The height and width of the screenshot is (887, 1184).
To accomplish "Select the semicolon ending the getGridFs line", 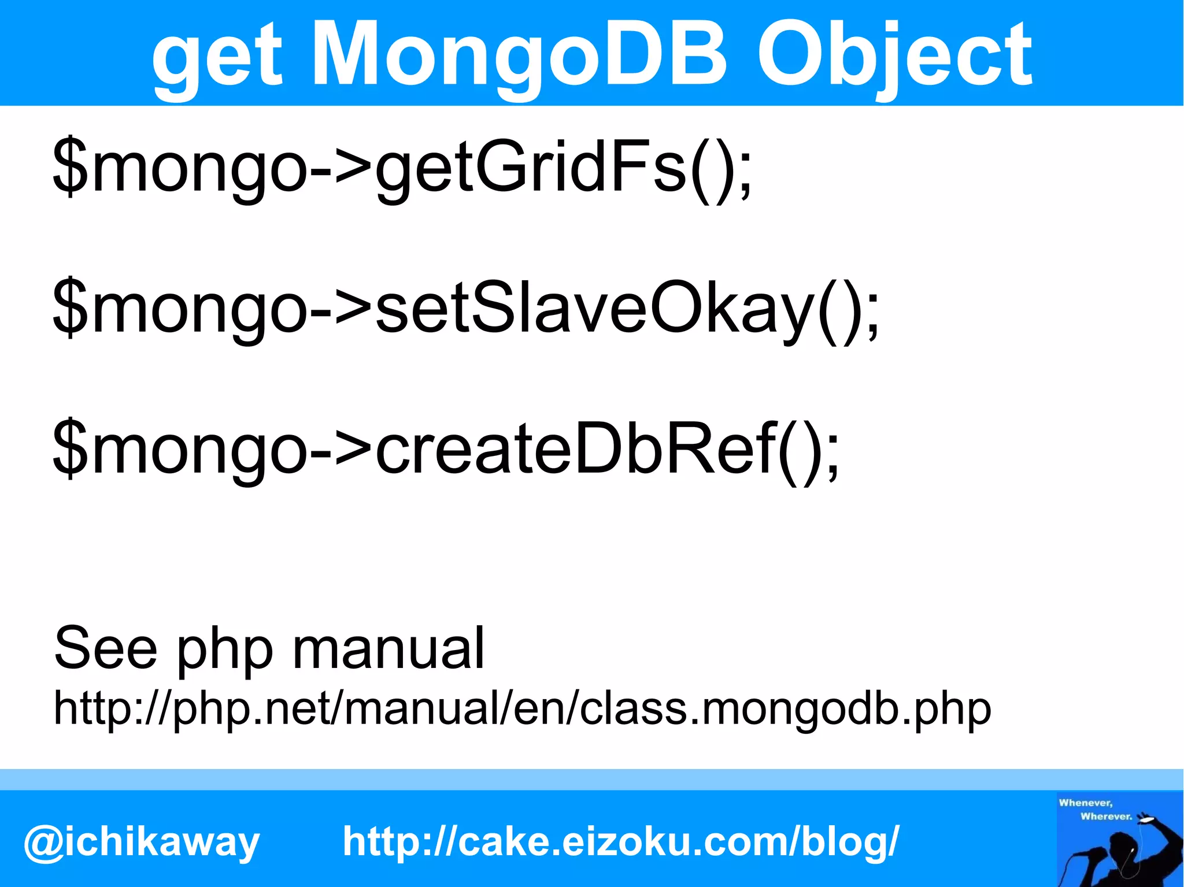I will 745,176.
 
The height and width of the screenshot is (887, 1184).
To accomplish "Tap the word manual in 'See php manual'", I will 388,648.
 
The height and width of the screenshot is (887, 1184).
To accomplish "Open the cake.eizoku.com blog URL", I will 621,841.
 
